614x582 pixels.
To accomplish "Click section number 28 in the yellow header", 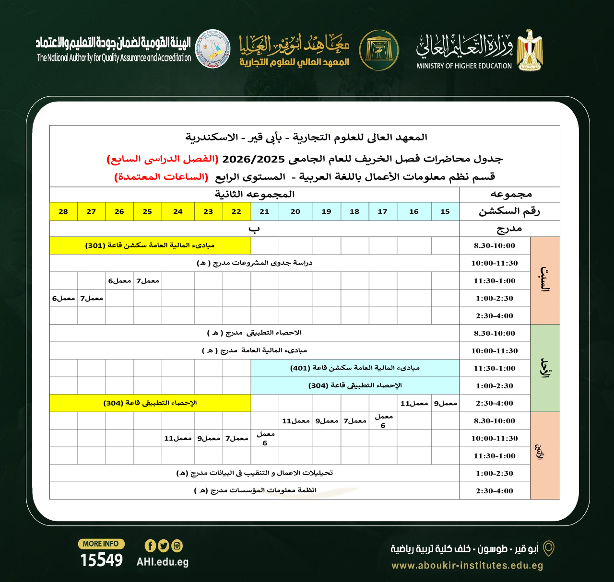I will (63, 211).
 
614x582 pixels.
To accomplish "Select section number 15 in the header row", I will (445, 211).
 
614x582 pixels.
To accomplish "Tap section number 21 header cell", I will (264, 211).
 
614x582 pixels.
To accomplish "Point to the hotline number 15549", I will (101, 560).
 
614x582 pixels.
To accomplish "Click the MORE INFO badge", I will (101, 544).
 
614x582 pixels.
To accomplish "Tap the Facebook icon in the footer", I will (150, 546).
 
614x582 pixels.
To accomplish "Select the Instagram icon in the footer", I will (177, 546).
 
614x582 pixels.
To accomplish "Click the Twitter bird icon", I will (164, 546).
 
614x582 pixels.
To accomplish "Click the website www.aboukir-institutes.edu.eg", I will (467, 565).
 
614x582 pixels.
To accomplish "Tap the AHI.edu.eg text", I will (162, 562).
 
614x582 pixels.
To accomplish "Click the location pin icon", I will (548, 548).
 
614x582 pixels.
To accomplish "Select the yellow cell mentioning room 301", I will (150, 245).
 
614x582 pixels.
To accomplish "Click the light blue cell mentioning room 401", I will (355, 368).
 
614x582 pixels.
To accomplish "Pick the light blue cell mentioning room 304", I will (355, 385).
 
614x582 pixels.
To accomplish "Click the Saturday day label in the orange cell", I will (545, 280).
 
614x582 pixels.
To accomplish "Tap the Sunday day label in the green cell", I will (545, 368).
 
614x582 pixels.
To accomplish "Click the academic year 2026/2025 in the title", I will (253, 159).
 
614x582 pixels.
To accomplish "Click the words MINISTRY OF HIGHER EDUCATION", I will (464, 66).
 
